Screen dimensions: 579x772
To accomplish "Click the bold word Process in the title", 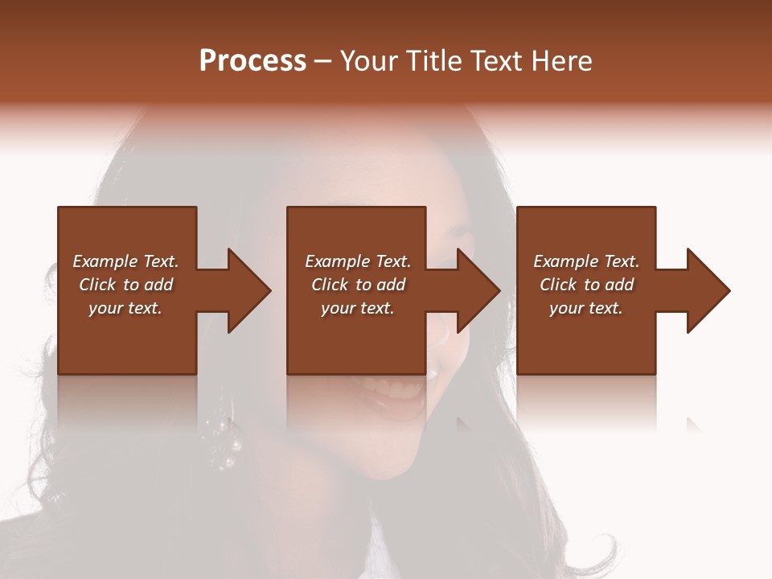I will pyautogui.click(x=253, y=61).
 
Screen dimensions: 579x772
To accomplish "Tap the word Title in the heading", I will pyautogui.click(x=434, y=61).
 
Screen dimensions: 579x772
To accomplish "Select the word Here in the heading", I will pyautogui.click(x=561, y=61).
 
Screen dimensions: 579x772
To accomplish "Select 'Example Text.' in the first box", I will pyautogui.click(x=125, y=261).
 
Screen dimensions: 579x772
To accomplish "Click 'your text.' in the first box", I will pyautogui.click(x=125, y=308).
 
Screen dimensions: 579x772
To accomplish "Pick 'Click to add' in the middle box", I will pyautogui.click(x=358, y=285).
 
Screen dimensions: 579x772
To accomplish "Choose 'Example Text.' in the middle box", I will pyautogui.click(x=358, y=261).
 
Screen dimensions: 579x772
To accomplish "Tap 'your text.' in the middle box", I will pyautogui.click(x=358, y=308).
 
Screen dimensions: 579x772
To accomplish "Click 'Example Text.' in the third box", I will pyautogui.click(x=586, y=261).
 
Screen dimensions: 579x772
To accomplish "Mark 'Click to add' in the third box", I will pyautogui.click(x=586, y=285).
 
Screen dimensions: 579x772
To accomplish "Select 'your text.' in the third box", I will pyautogui.click(x=586, y=308).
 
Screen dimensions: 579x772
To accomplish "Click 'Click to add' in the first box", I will pyautogui.click(x=125, y=285).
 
